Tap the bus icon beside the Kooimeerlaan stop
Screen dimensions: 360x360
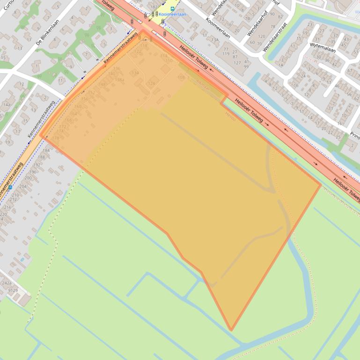point(172,8)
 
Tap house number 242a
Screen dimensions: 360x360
point(7,283)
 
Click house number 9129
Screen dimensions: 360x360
point(13,290)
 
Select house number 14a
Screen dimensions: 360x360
point(6,105)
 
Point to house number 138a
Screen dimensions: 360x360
point(119,80)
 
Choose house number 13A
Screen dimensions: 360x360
point(214,40)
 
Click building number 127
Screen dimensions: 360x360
point(237,62)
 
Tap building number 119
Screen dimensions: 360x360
point(226,54)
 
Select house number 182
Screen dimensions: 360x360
point(154,7)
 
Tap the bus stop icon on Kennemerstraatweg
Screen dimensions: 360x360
point(10,187)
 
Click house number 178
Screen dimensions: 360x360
point(56,138)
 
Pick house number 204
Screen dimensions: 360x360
point(22,186)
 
